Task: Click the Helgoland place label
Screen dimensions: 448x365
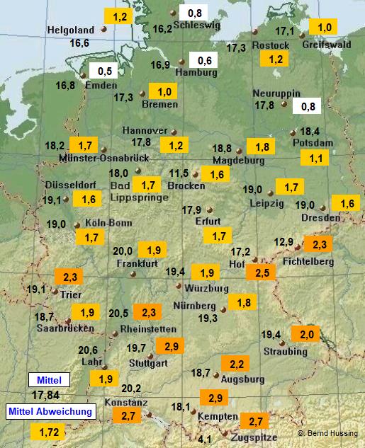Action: pos(70,30)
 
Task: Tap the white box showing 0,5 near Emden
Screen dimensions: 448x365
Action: pos(105,71)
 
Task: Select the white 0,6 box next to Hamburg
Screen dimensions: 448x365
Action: pos(205,60)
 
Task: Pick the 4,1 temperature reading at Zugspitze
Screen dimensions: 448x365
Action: pos(205,440)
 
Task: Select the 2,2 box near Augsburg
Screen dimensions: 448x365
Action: pos(235,364)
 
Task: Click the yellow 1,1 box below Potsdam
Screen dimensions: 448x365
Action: pos(315,158)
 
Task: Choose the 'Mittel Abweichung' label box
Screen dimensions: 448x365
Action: pos(50,411)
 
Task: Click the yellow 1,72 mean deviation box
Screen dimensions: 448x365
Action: pos(48,431)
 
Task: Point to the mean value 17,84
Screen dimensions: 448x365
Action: pos(45,395)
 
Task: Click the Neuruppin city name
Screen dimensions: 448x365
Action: pos(276,93)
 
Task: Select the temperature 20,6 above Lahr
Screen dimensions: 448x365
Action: pos(88,350)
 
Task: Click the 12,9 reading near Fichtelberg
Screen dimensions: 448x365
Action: pos(283,242)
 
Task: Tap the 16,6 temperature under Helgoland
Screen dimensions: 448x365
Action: pos(79,43)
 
